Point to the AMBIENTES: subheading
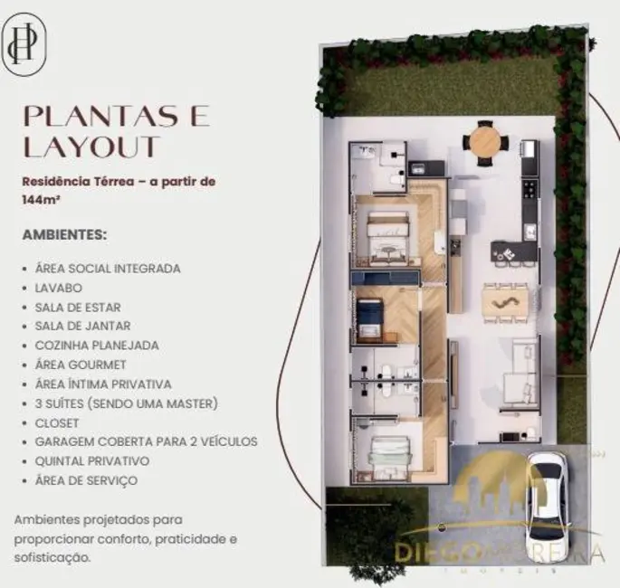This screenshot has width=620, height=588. (x=64, y=234)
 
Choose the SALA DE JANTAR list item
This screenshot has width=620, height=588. (x=82, y=326)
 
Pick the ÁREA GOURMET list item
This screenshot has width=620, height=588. (x=79, y=365)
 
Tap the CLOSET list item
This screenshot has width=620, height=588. (x=57, y=422)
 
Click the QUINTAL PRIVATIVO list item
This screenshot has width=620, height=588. (x=91, y=460)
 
